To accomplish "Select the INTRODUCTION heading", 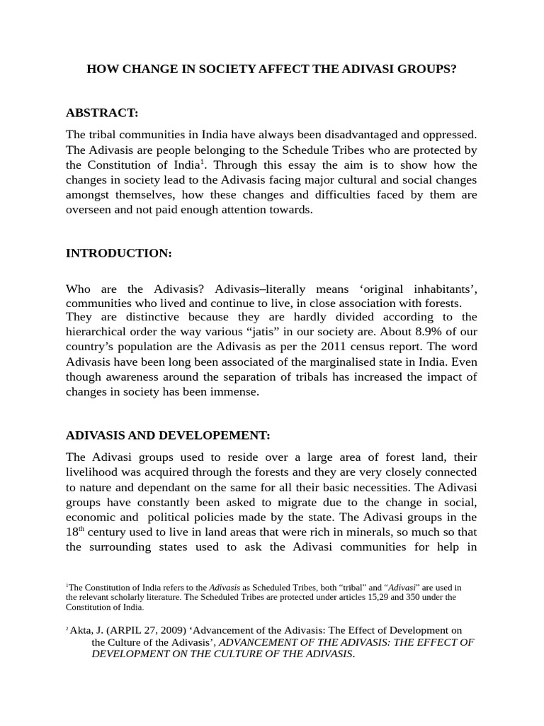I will [x=118, y=252].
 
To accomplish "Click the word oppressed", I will [x=450, y=134].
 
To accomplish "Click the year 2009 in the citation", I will [x=161, y=630].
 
